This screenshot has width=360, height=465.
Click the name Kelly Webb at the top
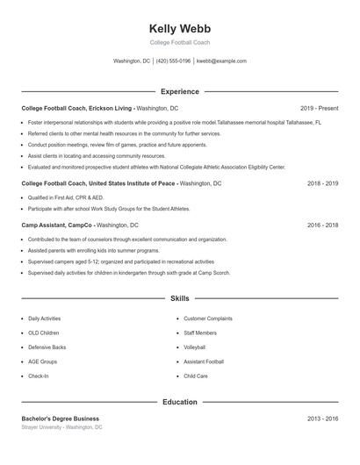pyautogui.click(x=180, y=28)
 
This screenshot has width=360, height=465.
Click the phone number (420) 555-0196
pyautogui.click(x=175, y=61)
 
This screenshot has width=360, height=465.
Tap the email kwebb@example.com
pyautogui.click(x=221, y=61)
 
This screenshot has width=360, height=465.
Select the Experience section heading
pyautogui.click(x=180, y=91)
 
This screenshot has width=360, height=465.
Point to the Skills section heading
pyautogui.click(x=180, y=299)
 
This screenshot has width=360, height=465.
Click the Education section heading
pyautogui.click(x=180, y=402)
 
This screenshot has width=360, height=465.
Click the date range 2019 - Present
pyautogui.click(x=319, y=108)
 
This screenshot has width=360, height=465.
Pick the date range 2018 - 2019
pyautogui.click(x=322, y=183)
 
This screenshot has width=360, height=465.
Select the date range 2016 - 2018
pyautogui.click(x=322, y=225)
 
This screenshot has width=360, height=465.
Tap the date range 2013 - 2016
pyautogui.click(x=322, y=418)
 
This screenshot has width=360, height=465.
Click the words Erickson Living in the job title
pyautogui.click(x=112, y=108)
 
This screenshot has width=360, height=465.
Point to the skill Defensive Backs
pyautogui.click(x=47, y=347)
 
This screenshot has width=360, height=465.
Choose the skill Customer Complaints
pyautogui.click(x=207, y=318)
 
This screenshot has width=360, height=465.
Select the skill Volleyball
pyautogui.click(x=194, y=347)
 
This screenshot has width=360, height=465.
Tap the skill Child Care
pyautogui.click(x=196, y=376)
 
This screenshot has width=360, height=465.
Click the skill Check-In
pyautogui.click(x=39, y=376)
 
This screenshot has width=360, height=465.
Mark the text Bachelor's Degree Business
pyautogui.click(x=61, y=418)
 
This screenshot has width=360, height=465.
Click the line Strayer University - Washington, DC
pyautogui.click(x=62, y=427)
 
